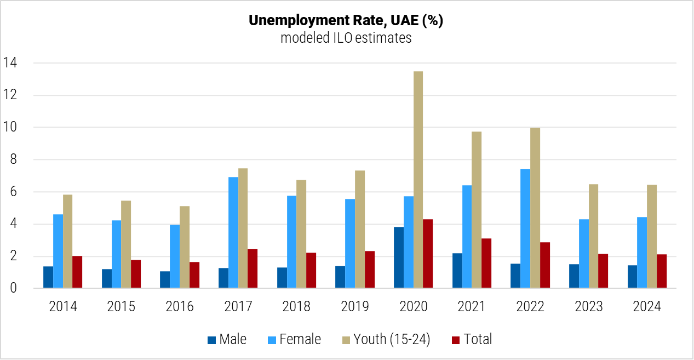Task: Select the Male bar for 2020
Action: click(399, 258)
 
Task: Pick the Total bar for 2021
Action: click(486, 263)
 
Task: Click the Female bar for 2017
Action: click(233, 232)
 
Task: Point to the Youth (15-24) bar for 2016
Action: click(185, 247)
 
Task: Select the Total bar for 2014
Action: click(77, 272)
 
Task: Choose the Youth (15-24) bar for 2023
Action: click(593, 236)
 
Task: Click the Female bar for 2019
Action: click(350, 243)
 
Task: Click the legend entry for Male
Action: click(227, 340)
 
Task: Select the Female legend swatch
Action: click(272, 340)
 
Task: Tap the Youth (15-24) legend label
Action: click(392, 340)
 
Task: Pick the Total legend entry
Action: click(472, 340)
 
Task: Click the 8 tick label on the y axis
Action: click(13, 160)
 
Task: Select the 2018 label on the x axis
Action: click(296, 307)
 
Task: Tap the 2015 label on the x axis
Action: click(121, 307)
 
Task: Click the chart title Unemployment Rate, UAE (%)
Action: click(346, 21)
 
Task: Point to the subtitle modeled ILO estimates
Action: click(346, 38)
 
